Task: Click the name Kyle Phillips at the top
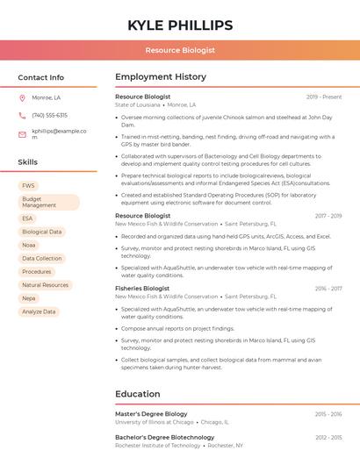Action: tap(180, 25)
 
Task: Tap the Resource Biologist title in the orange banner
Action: tap(180, 51)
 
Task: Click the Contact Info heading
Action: tap(40, 77)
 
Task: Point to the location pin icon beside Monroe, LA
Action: tap(22, 97)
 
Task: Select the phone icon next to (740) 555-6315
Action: tap(22, 115)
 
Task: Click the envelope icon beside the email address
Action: tap(22, 134)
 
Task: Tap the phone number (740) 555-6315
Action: tap(49, 115)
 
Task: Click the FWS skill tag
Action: tap(28, 186)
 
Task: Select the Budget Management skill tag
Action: tap(48, 202)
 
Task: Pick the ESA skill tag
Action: tap(27, 218)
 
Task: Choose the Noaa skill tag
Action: tap(29, 245)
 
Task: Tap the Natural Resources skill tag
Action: tap(45, 285)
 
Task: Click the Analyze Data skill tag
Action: tap(39, 311)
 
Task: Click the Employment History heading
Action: tap(161, 77)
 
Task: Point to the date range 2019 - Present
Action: tap(324, 97)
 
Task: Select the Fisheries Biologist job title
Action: tap(142, 288)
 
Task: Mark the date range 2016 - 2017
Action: tap(328, 288)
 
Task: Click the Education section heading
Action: tap(137, 394)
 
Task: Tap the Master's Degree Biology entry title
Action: tap(151, 413)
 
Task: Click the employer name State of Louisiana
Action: tap(138, 105)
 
